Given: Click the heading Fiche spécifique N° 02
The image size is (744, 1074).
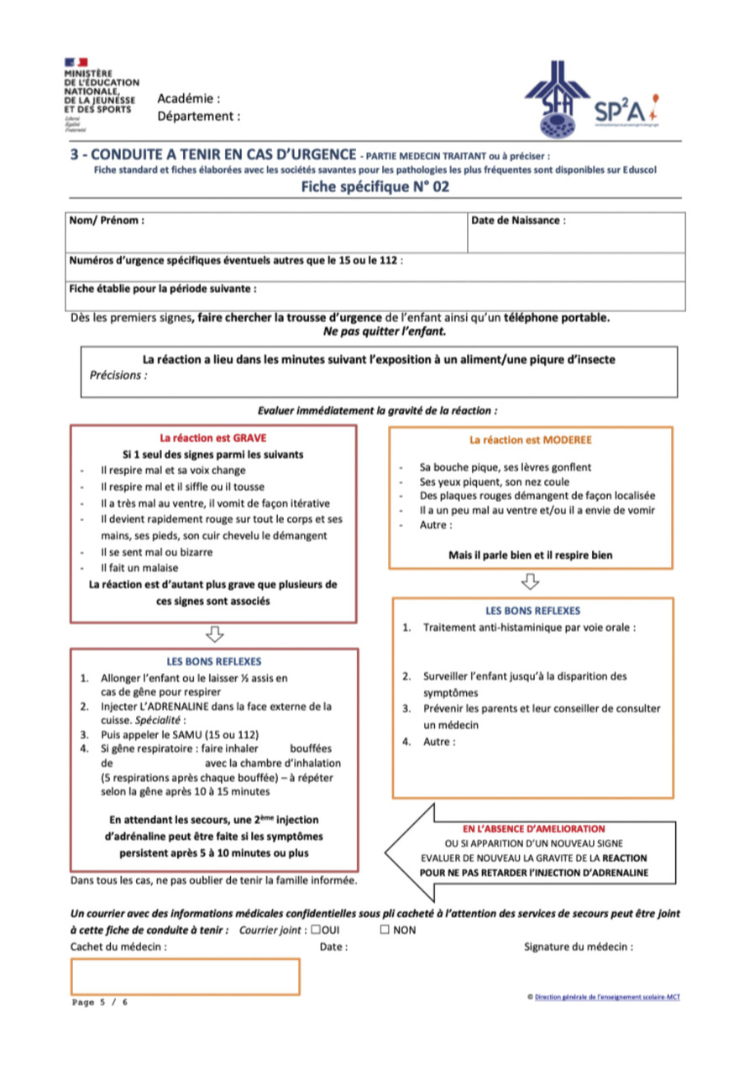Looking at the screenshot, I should coord(375,187).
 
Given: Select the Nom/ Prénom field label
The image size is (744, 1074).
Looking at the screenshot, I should coord(107,221).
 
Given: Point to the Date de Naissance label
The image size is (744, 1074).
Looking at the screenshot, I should coord(518,221).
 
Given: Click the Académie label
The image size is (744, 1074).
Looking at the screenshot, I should coord(189,99).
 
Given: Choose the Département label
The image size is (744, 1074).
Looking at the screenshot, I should coord(198,117).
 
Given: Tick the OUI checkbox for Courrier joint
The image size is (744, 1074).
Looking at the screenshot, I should coord(315,930).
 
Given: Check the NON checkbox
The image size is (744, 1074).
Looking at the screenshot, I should coord(385,930).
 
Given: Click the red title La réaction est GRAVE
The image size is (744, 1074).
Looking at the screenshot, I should coord(213,438).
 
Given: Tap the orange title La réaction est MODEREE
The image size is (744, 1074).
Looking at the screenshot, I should coord(531,440).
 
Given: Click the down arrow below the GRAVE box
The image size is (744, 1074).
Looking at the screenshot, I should coord(213,633).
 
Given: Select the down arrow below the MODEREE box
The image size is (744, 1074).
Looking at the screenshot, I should coord(531,581).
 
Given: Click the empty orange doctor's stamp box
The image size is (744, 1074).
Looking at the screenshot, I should coord(186,977).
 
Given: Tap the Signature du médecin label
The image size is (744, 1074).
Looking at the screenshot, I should coord(578,946).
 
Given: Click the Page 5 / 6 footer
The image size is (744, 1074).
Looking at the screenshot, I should coord(101,1003).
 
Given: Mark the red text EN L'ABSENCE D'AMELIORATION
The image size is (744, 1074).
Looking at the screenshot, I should coord(534,829).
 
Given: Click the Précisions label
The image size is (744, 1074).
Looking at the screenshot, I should coord(118,375).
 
